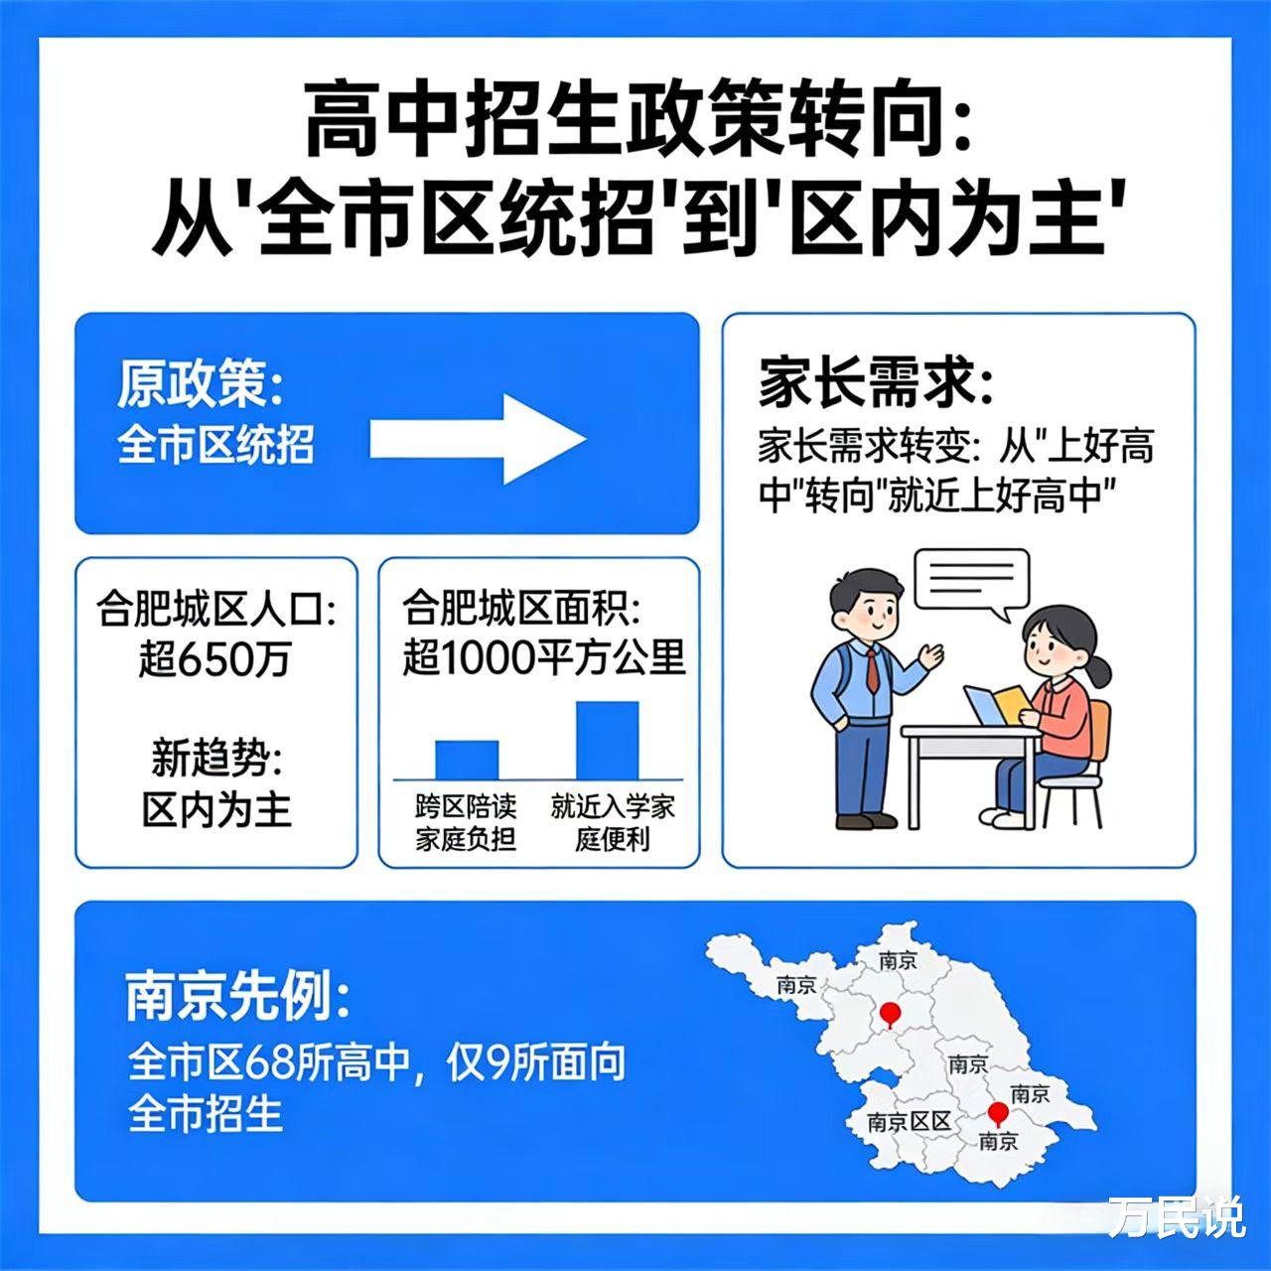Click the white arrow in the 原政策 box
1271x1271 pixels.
478,439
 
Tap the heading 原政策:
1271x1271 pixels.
200,383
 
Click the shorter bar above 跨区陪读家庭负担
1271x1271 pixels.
467,760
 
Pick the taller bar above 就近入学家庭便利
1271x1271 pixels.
607,740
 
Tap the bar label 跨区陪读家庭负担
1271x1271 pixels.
466,823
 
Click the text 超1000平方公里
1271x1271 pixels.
543,657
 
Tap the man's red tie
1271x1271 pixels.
872,669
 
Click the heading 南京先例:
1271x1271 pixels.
238,997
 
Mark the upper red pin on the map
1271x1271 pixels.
891,1014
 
